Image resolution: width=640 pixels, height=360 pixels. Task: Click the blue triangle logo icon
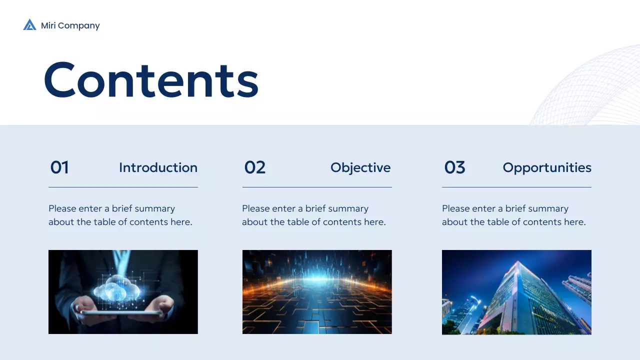pyautogui.click(x=29, y=25)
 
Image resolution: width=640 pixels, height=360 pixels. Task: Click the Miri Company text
pyautogui.click(x=70, y=25)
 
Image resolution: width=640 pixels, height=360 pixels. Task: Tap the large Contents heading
pyautogui.click(x=151, y=80)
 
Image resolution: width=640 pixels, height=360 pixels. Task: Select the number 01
pyautogui.click(x=59, y=167)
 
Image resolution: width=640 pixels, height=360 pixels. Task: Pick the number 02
pyautogui.click(x=254, y=167)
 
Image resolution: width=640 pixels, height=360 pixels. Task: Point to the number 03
pyautogui.click(x=454, y=167)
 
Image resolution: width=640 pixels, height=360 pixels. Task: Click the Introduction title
pyautogui.click(x=158, y=167)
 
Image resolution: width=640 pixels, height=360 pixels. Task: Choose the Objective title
pyautogui.click(x=360, y=167)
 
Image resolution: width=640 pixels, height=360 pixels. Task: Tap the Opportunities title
pyautogui.click(x=546, y=167)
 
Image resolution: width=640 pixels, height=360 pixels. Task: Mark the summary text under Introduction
pyautogui.click(x=120, y=215)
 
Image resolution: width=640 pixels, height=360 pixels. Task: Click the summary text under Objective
pyautogui.click(x=313, y=215)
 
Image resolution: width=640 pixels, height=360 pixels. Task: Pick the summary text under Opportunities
pyautogui.click(x=513, y=215)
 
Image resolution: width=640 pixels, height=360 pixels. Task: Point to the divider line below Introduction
pyautogui.click(x=123, y=187)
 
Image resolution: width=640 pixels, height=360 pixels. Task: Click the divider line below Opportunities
pyautogui.click(x=516, y=187)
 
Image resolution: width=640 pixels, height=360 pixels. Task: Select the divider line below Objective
pyautogui.click(x=317, y=187)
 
